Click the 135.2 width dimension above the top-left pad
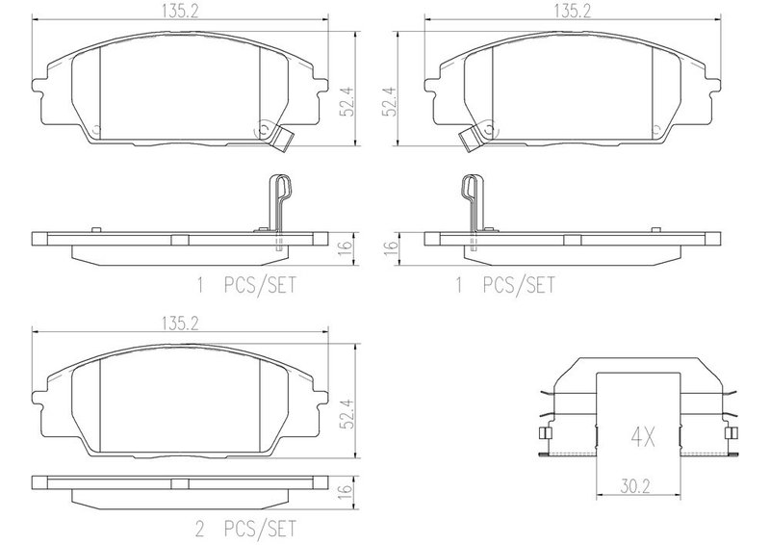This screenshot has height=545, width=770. click(x=180, y=12)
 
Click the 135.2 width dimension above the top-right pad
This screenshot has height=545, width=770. click(x=573, y=12)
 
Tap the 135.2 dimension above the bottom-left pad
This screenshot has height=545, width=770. click(x=180, y=323)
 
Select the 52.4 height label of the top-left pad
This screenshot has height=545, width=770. click(x=347, y=102)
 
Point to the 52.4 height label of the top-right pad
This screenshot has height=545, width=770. click(x=391, y=102)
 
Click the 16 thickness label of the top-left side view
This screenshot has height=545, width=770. click(x=346, y=247)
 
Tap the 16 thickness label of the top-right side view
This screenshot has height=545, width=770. click(x=391, y=247)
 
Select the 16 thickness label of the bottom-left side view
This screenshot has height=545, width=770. click(x=346, y=489)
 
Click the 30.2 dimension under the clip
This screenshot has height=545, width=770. click(x=635, y=486)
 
